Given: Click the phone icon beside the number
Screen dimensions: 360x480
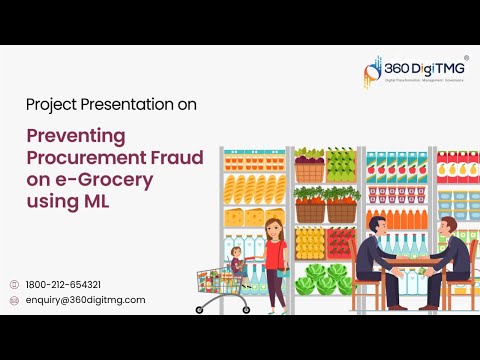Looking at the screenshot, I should click(x=13, y=284).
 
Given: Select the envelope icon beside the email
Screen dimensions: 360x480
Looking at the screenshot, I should click(x=13, y=300).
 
